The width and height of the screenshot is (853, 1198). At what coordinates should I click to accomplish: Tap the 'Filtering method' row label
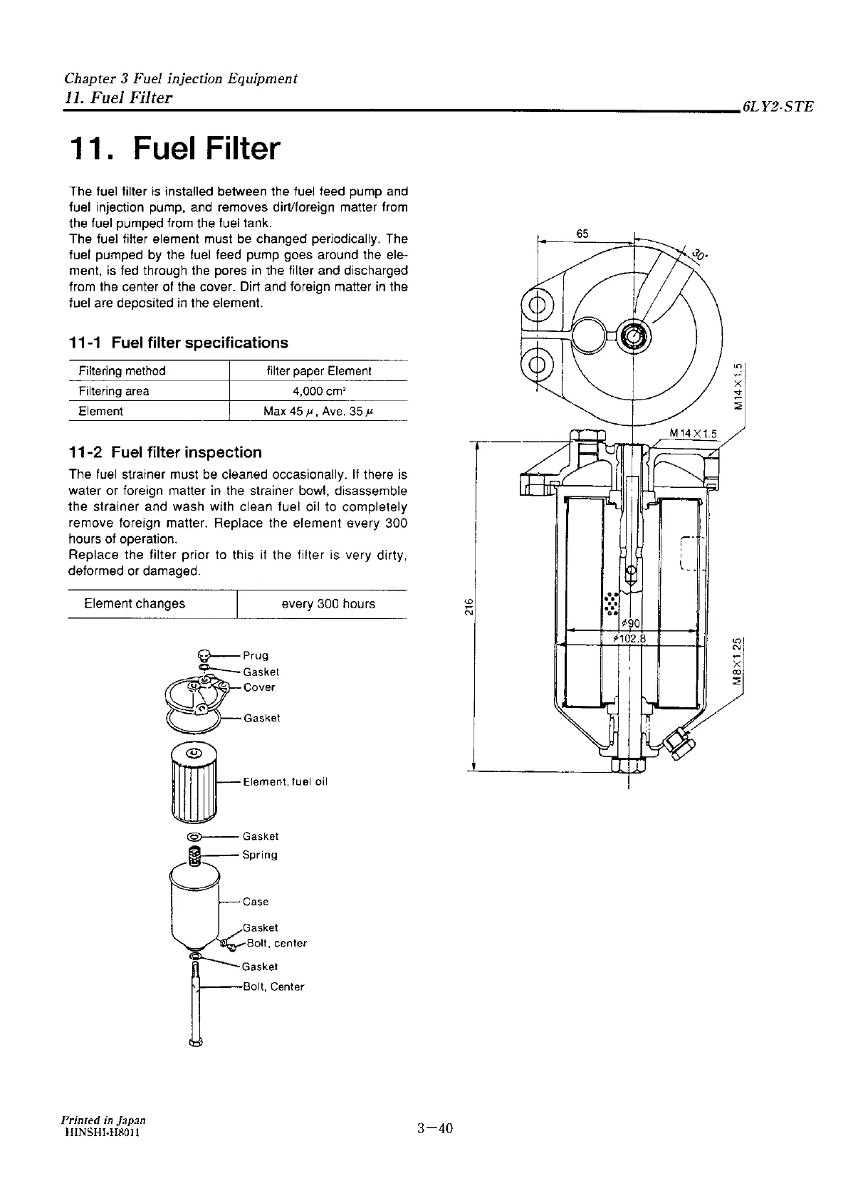122,371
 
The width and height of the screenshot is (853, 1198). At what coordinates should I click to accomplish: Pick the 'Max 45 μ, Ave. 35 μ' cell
319,412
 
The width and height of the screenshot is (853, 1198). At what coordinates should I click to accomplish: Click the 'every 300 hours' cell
328,604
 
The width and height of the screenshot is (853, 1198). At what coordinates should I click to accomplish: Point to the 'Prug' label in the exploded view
256,655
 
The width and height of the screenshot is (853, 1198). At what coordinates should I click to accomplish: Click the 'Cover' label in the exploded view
258,687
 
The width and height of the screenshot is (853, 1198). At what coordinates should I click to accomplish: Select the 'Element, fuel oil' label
285,782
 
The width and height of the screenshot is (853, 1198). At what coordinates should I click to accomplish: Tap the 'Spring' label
260,855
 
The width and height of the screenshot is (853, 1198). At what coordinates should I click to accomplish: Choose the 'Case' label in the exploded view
256,902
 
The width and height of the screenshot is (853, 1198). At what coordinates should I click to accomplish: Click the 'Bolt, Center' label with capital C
273,987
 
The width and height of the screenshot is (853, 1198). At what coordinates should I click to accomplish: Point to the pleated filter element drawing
194,781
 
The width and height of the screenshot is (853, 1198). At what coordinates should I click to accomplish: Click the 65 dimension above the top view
582,234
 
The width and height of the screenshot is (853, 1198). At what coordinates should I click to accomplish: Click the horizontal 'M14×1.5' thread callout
692,433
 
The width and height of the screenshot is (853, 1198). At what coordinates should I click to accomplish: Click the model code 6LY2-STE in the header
777,108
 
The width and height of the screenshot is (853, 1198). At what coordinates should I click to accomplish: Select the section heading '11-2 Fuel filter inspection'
165,452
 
